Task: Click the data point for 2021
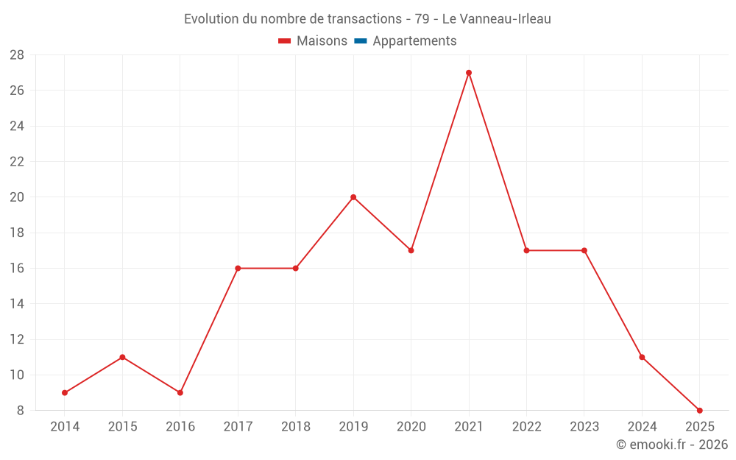[x=469, y=73]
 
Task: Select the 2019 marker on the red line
[x=353, y=197]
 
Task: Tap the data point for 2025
[x=699, y=410]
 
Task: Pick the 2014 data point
[x=65, y=392]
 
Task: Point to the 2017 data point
[x=238, y=268]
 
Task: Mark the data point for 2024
[x=642, y=357]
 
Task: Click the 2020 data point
[x=411, y=250]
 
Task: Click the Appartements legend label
[x=414, y=41]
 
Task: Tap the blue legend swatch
[x=360, y=41]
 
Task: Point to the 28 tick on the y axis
[x=17, y=55]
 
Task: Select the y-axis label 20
[x=17, y=197]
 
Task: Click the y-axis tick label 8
[x=21, y=410]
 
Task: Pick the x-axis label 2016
[x=180, y=427]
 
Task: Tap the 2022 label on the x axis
[x=526, y=427]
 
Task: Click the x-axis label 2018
[x=295, y=427]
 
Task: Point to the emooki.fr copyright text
[x=672, y=445]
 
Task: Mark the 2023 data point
[x=584, y=250]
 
